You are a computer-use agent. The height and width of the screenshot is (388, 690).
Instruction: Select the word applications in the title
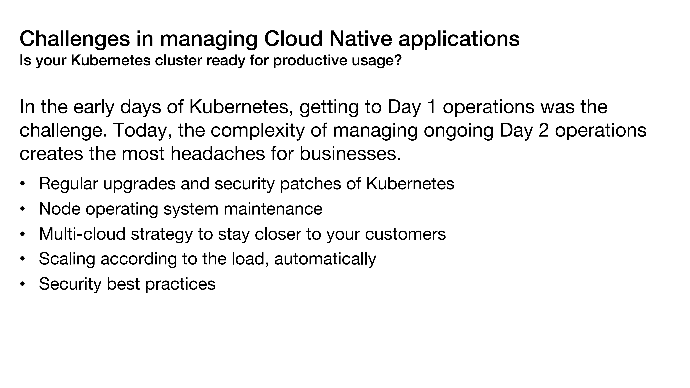coord(459,39)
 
